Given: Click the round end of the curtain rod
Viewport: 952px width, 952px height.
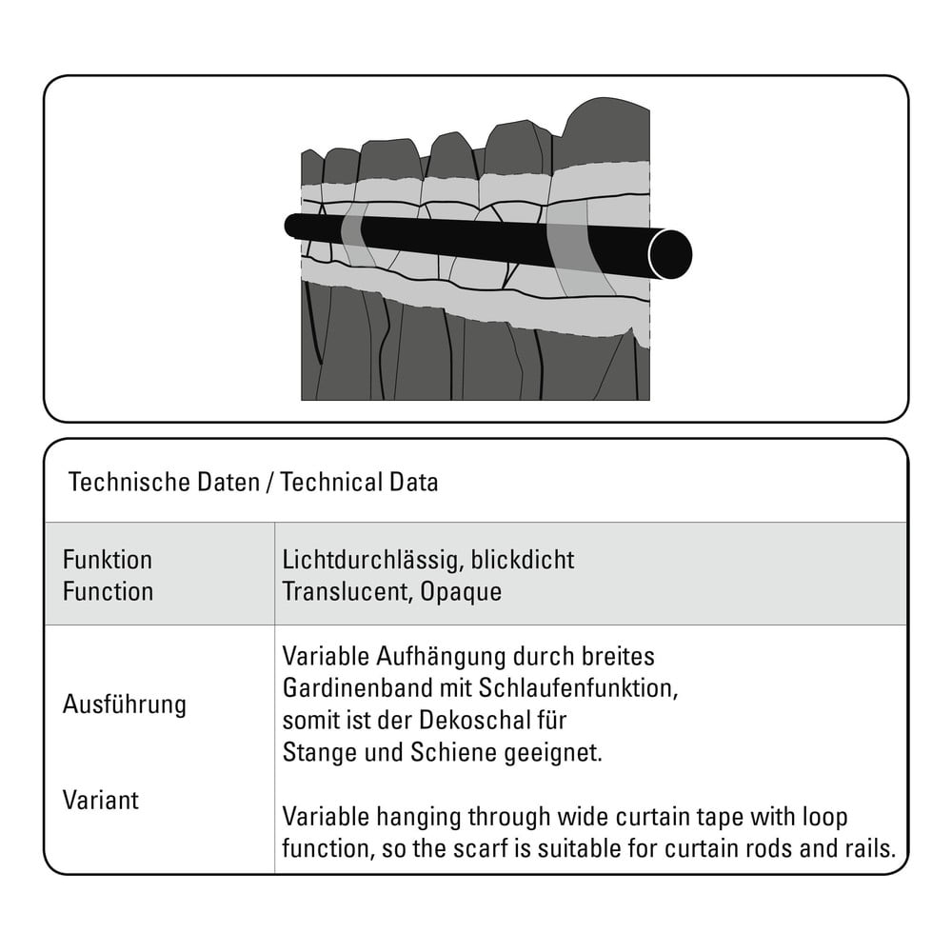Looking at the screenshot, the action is point(670,254).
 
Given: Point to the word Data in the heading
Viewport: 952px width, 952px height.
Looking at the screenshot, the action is point(413,482).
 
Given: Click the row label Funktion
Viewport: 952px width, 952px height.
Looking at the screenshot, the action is point(108,560).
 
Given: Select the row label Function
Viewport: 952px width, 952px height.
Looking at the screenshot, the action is point(109,591).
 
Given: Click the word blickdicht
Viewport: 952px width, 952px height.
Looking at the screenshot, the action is point(523,560).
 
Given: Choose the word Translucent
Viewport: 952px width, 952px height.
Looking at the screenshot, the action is point(347,592).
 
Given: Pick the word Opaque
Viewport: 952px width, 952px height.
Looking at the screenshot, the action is point(461,592).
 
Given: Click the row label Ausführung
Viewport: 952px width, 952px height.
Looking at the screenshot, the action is point(125,704).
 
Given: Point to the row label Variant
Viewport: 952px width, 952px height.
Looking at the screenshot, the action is point(101,801).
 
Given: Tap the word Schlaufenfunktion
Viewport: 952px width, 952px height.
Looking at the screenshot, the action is point(578,688).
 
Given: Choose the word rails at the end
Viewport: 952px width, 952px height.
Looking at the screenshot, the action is point(870,849).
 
